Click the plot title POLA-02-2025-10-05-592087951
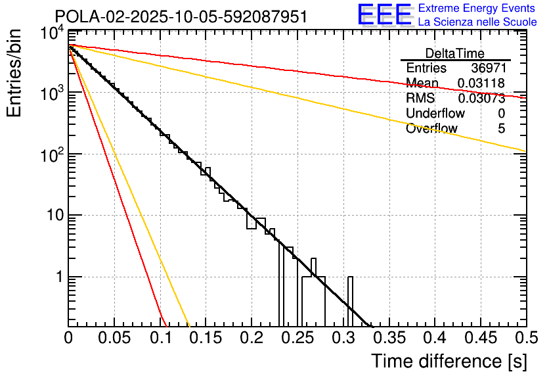pyautogui.click(x=181, y=16)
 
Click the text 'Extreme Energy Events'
pyautogui.click(x=477, y=9)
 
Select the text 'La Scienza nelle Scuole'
pyautogui.click(x=477, y=22)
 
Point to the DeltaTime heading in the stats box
pyautogui.click(x=455, y=53)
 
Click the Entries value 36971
pyautogui.click(x=488, y=68)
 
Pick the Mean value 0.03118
pyautogui.click(x=481, y=83)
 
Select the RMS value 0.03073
pyautogui.click(x=481, y=99)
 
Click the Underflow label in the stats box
pyautogui.click(x=435, y=114)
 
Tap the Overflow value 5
pyautogui.click(x=501, y=129)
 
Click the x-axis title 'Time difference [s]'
pyautogui.click(x=449, y=361)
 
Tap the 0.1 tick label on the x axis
pyautogui.click(x=160, y=339)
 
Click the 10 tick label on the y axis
pyautogui.click(x=52, y=216)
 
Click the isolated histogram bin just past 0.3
pyautogui.click(x=350, y=299)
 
